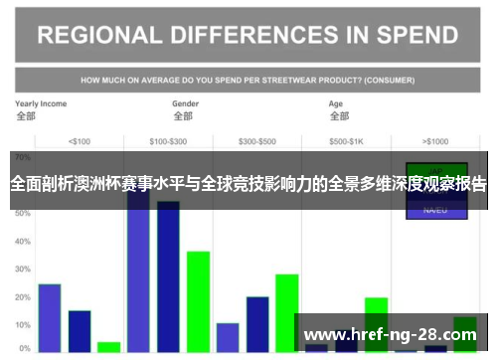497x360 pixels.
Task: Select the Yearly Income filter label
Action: coord(41,103)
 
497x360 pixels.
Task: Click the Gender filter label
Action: coord(186,103)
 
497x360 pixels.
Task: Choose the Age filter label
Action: coord(336,103)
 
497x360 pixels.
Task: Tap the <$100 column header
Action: coord(80,140)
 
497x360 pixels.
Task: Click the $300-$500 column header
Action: coord(257,140)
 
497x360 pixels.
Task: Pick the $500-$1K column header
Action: coord(346,140)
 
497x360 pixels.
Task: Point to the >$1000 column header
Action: coord(435,140)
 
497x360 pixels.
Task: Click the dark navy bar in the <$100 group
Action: coord(80,331)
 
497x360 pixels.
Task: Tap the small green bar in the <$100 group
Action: coord(108,347)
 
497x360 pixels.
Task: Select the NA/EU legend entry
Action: coord(435,210)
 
